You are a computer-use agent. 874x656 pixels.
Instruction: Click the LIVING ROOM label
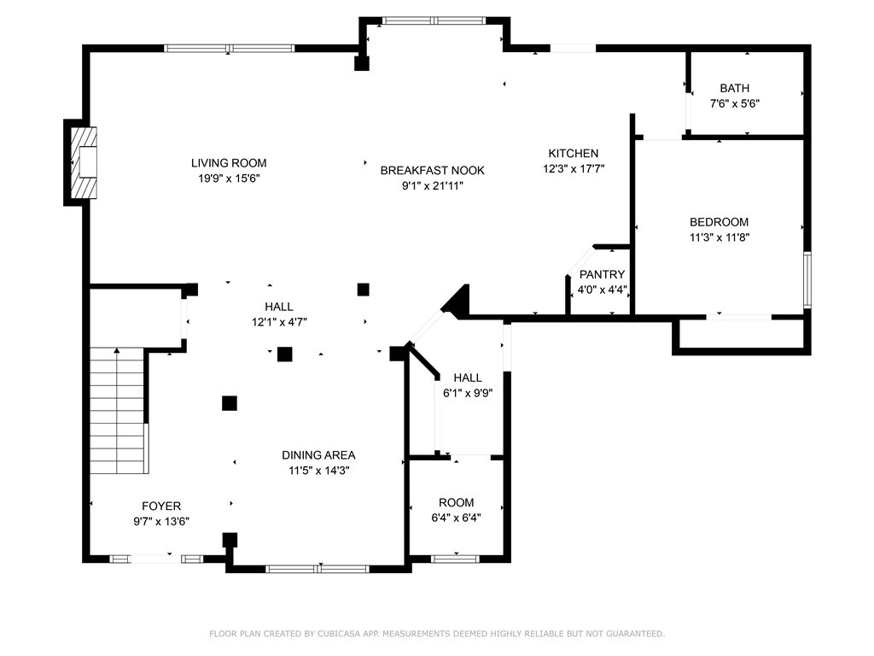pos(229,163)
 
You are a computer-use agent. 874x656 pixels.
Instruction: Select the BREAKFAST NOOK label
pos(432,170)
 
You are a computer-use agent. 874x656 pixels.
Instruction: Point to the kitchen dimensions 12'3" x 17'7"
pos(574,168)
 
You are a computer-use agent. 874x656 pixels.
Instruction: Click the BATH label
pos(734,88)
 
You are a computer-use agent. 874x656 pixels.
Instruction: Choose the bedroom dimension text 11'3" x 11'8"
pos(719,237)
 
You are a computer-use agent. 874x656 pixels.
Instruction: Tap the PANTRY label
pos(602,274)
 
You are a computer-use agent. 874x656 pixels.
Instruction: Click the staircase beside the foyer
pos(119,410)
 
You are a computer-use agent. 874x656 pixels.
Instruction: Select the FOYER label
pos(161,506)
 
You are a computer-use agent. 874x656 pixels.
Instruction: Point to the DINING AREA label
pos(318,455)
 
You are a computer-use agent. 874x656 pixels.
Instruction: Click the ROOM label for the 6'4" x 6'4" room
pos(456,502)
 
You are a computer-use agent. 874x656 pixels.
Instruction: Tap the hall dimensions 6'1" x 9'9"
pos(468,393)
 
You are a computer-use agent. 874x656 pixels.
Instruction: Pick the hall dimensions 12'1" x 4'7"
pos(279,322)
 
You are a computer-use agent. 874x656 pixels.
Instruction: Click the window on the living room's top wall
pos(229,49)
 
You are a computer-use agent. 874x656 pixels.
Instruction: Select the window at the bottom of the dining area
pos(318,569)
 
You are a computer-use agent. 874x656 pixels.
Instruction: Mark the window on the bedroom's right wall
pos(807,279)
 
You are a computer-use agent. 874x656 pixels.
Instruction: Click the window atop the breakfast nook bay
pos(434,21)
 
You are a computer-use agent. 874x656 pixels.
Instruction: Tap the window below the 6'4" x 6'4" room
pos(456,559)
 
